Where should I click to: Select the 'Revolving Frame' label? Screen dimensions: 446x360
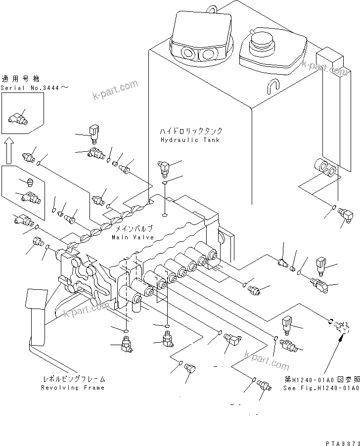click(x=73, y=388)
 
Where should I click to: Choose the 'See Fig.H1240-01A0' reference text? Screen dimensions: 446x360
click(x=322, y=388)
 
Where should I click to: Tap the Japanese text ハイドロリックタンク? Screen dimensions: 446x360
click(x=190, y=131)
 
